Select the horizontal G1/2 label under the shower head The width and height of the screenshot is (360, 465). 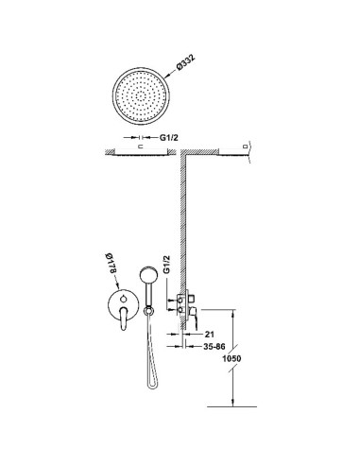tap(169, 137)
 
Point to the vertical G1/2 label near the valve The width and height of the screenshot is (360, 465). tap(166, 264)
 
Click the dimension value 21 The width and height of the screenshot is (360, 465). tap(210, 334)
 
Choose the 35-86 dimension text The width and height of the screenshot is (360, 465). tap(214, 347)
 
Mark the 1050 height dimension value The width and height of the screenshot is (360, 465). tap(231, 358)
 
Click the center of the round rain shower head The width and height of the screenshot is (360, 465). tap(141, 95)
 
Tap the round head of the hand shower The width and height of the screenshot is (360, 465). tap(147, 274)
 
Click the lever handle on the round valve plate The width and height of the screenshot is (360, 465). tap(124, 319)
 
